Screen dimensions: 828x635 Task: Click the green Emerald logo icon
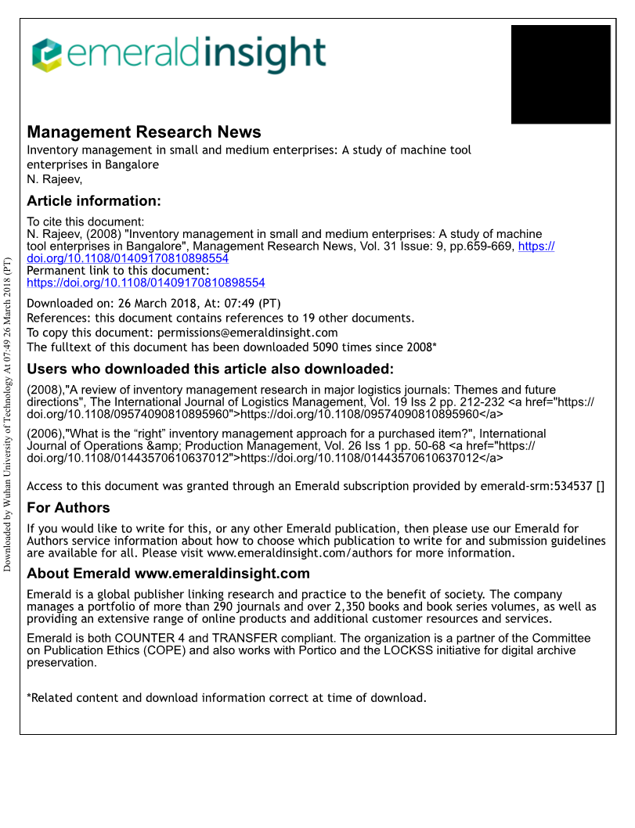(x=47, y=56)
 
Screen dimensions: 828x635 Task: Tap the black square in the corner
(x=561, y=74)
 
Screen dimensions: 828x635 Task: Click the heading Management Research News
(x=144, y=132)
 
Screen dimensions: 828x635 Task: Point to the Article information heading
(x=94, y=201)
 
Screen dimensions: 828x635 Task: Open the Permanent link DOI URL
(x=146, y=283)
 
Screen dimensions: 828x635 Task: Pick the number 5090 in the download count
(x=328, y=347)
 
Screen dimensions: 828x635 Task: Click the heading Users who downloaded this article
(x=210, y=369)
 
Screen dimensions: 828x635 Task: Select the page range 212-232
(x=476, y=402)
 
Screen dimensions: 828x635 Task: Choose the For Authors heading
(x=68, y=507)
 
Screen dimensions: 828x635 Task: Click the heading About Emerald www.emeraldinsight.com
(x=168, y=574)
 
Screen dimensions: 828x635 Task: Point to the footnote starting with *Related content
(x=226, y=697)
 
